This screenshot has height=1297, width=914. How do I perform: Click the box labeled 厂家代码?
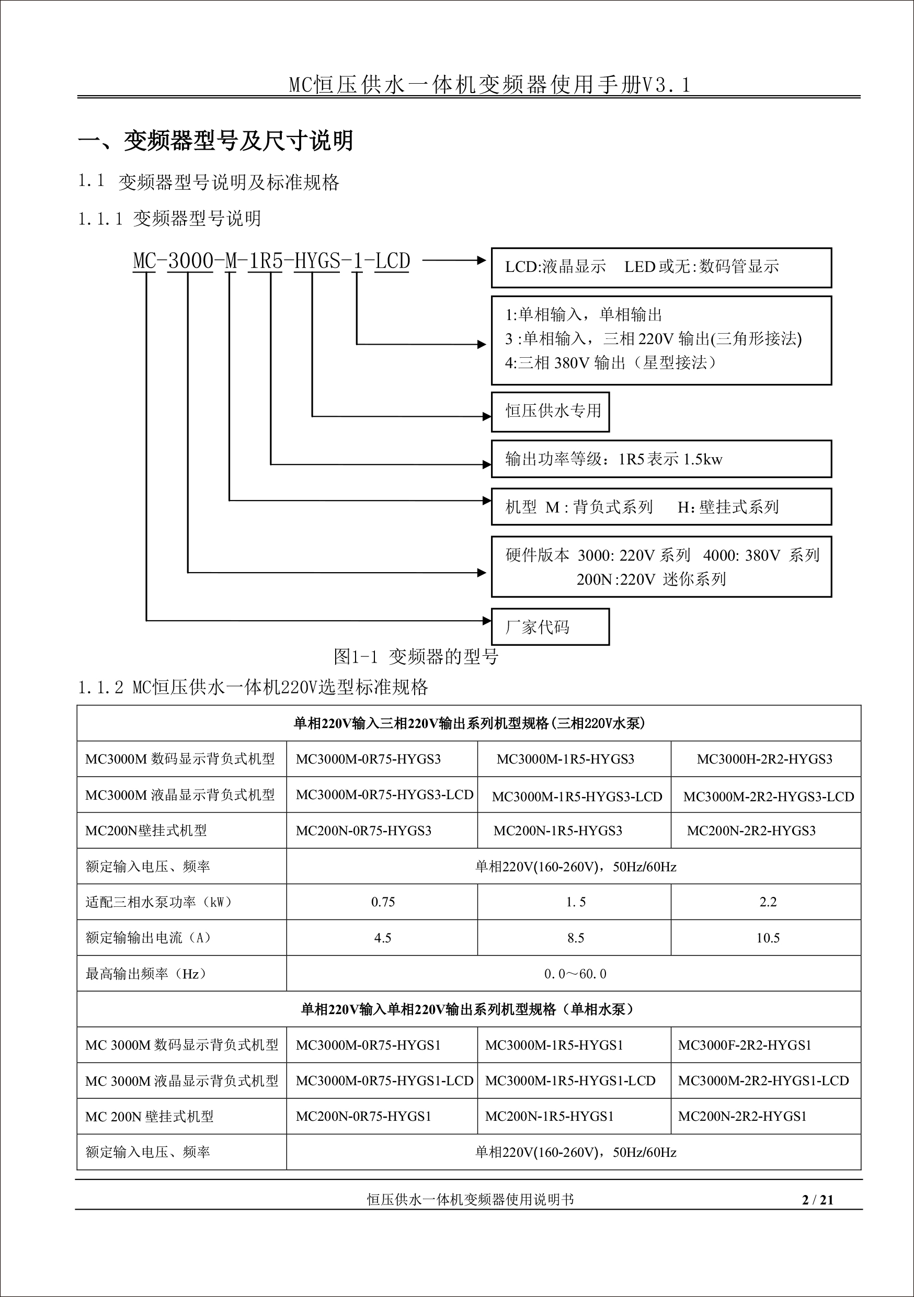click(x=550, y=627)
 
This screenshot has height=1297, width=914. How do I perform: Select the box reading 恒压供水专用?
click(x=550, y=411)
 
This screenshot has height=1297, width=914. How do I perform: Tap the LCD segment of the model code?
click(x=393, y=261)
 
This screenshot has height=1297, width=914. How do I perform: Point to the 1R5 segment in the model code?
click(x=266, y=261)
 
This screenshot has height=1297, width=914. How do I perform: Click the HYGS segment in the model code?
click(x=317, y=261)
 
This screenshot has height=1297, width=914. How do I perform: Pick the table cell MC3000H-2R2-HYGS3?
click(x=764, y=759)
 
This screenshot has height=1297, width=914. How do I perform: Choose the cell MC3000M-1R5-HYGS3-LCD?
click(x=577, y=797)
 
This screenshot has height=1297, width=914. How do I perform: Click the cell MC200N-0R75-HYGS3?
click(x=364, y=830)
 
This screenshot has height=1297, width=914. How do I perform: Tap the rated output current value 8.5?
click(x=576, y=938)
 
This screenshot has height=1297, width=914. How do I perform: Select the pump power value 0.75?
click(x=383, y=902)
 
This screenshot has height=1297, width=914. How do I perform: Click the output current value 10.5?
click(x=768, y=938)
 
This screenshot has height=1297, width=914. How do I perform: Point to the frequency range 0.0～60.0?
click(x=575, y=974)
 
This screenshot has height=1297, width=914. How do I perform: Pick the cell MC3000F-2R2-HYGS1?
click(x=745, y=1045)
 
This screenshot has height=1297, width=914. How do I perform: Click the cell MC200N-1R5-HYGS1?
click(x=549, y=1116)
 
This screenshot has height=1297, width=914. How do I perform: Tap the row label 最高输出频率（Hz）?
click(x=146, y=974)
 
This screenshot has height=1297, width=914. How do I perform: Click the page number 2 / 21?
click(x=817, y=1199)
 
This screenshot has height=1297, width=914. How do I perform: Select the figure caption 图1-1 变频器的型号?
click(x=416, y=656)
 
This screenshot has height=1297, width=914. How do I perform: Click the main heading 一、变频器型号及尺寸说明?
click(x=215, y=141)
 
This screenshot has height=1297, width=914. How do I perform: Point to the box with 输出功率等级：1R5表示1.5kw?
click(x=661, y=459)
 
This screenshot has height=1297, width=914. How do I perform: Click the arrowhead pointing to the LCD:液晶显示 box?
click(x=481, y=260)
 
